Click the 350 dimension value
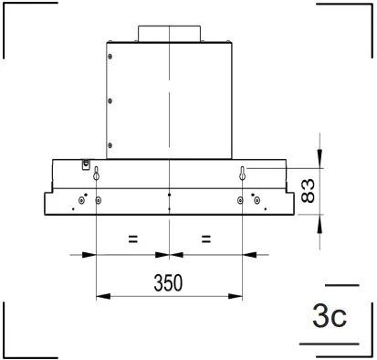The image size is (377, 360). [x=169, y=282]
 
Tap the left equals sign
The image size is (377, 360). [x=132, y=240]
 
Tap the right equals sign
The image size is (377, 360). [x=206, y=240]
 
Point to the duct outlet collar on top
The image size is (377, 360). [x=169, y=33]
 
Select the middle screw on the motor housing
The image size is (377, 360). [x=110, y=101]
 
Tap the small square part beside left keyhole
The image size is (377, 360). [x=86, y=164]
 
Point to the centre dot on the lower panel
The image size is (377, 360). [x=170, y=195]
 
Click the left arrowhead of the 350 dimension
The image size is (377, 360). [x=100, y=296]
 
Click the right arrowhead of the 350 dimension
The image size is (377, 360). [x=238, y=296]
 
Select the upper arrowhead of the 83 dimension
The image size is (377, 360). [x=319, y=159]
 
